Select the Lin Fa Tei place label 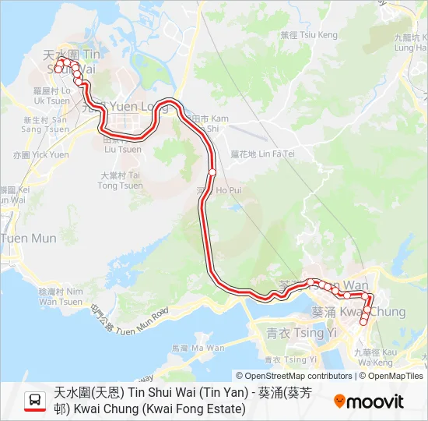[263, 154]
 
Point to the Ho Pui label [223, 189]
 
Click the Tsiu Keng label [308, 35]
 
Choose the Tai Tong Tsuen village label [121, 181]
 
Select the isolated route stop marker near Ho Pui [212, 172]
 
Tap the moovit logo [369, 402]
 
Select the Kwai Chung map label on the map [359, 312]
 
